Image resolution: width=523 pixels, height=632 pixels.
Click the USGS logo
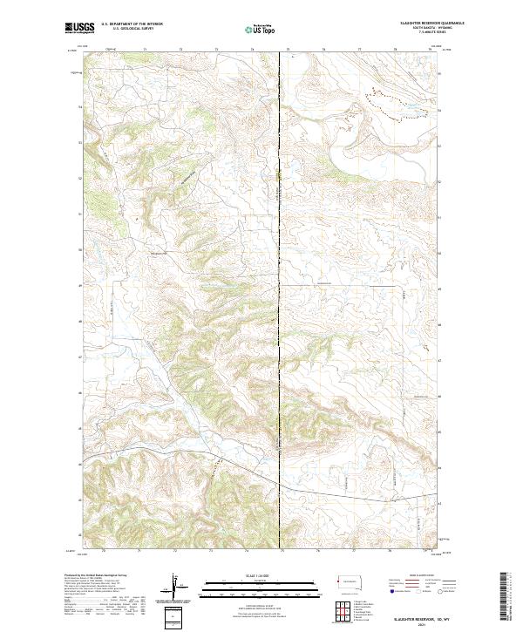(78, 29)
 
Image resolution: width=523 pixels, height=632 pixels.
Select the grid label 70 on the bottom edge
(104, 551)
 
